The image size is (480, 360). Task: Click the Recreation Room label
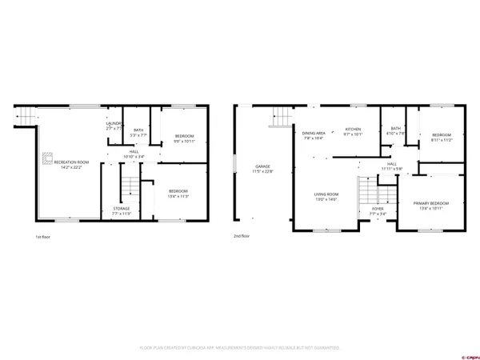click(71, 165)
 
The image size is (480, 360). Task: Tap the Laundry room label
click(114, 126)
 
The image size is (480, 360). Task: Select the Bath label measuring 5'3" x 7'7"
click(138, 133)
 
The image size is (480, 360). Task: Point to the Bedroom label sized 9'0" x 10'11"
click(184, 138)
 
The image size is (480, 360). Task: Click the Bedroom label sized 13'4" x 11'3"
click(178, 193)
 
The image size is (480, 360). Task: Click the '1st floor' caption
click(43, 237)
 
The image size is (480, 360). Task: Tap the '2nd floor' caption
click(242, 237)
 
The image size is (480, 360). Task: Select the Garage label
click(262, 169)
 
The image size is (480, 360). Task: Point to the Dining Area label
click(314, 135)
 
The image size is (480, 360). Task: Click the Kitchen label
click(353, 132)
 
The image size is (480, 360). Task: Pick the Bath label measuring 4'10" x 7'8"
click(395, 131)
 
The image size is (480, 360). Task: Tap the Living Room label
click(326, 197)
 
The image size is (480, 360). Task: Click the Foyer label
click(378, 212)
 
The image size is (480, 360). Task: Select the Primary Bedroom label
click(430, 206)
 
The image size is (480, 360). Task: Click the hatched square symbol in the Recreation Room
click(47, 157)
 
